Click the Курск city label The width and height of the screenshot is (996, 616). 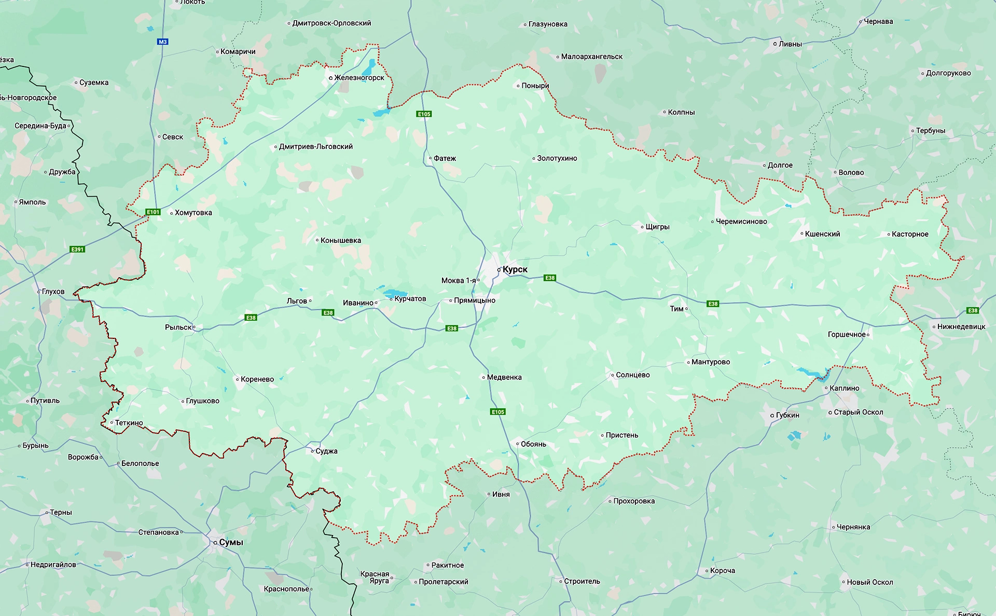[515, 269]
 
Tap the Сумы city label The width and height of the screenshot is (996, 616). [231, 542]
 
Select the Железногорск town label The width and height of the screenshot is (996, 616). [359, 78]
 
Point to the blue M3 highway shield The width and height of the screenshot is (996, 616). [163, 42]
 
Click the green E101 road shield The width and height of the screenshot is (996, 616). [153, 212]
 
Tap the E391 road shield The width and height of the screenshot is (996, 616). [77, 249]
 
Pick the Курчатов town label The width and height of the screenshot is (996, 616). [410, 299]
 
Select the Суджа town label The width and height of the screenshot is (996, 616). [326, 451]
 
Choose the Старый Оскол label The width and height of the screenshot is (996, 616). [858, 412]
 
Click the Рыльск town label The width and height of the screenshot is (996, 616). [178, 327]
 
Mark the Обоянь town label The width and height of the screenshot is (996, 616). [533, 444]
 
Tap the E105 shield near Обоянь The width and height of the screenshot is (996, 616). [497, 412]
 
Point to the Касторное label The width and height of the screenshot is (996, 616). [910, 234]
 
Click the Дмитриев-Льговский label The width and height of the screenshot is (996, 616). [315, 147]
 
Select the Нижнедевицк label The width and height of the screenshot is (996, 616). [961, 326]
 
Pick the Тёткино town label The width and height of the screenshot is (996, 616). [129, 423]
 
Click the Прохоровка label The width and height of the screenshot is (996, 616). [634, 501]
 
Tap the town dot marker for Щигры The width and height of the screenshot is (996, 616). [642, 227]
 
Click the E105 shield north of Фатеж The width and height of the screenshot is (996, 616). [424, 114]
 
